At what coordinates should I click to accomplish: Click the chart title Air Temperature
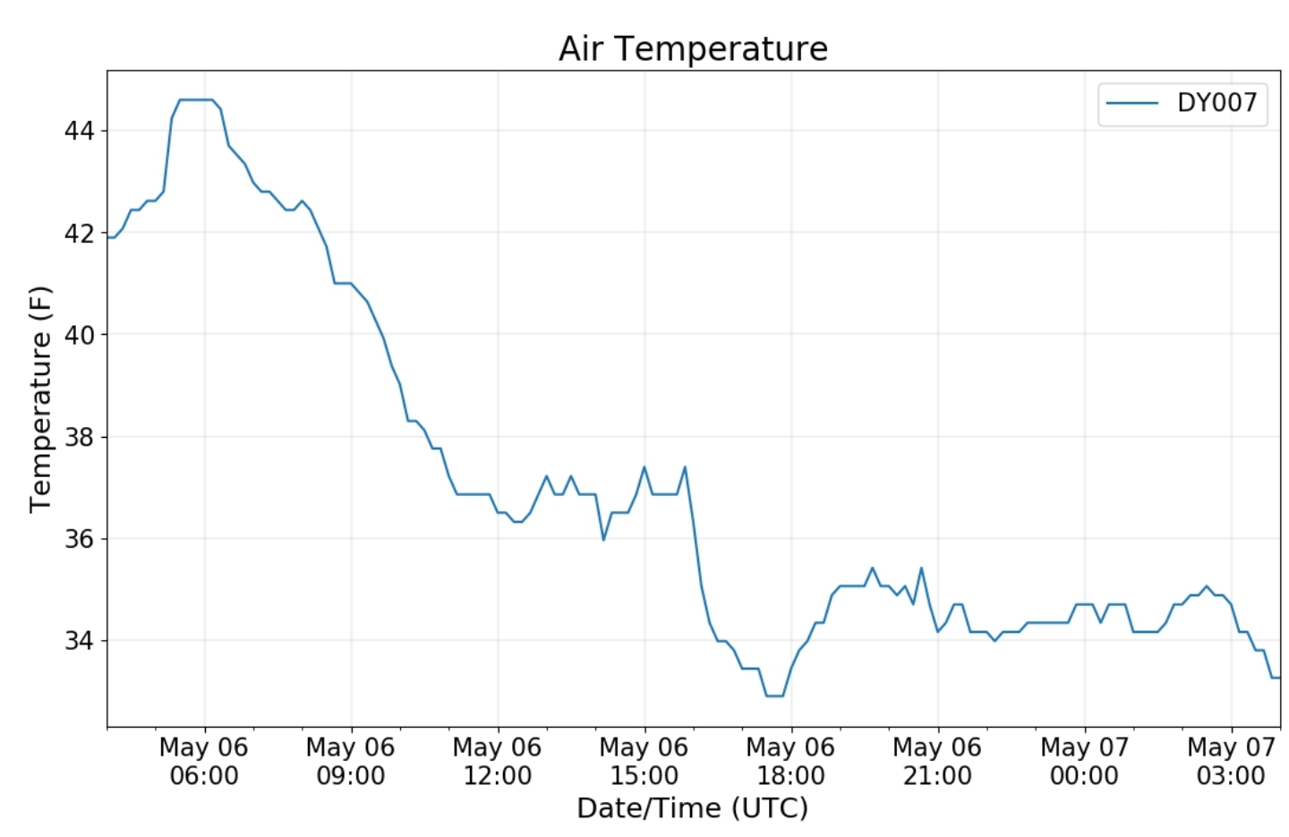pyautogui.click(x=693, y=48)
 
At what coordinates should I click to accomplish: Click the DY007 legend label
pyautogui.click(x=1216, y=103)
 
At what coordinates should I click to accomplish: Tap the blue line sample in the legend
pyautogui.click(x=1132, y=103)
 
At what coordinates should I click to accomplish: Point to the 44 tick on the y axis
pyautogui.click(x=79, y=131)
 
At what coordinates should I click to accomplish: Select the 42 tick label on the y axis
pyautogui.click(x=79, y=234)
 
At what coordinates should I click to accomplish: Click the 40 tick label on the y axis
pyautogui.click(x=79, y=335)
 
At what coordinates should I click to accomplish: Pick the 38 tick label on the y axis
pyautogui.click(x=79, y=437)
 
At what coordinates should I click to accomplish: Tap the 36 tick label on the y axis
pyautogui.click(x=79, y=539)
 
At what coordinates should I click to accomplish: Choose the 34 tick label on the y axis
pyautogui.click(x=79, y=641)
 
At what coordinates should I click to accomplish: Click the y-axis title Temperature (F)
pyautogui.click(x=40, y=399)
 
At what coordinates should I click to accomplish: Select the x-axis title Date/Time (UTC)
pyautogui.click(x=692, y=808)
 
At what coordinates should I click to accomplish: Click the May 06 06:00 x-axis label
pyautogui.click(x=204, y=761)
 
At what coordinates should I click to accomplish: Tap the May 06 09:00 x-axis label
pyautogui.click(x=351, y=761)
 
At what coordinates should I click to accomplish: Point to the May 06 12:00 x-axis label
pyautogui.click(x=498, y=761)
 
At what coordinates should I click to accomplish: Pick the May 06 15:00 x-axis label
pyautogui.click(x=644, y=761)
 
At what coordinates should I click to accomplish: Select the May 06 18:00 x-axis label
pyautogui.click(x=791, y=761)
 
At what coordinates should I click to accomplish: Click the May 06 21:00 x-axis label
pyautogui.click(x=937, y=761)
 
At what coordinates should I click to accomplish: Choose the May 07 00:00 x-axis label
pyautogui.click(x=1084, y=761)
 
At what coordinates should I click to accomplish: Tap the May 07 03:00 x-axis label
pyautogui.click(x=1231, y=761)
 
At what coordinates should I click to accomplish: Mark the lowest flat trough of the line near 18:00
pyautogui.click(x=774, y=696)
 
